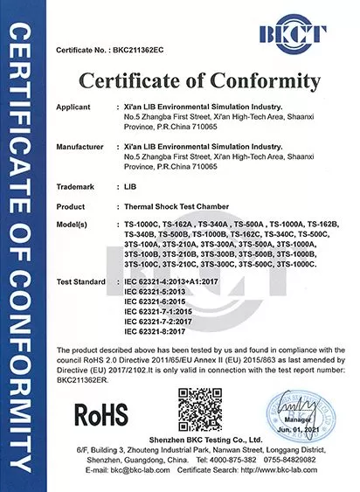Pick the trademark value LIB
(x=131, y=186)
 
